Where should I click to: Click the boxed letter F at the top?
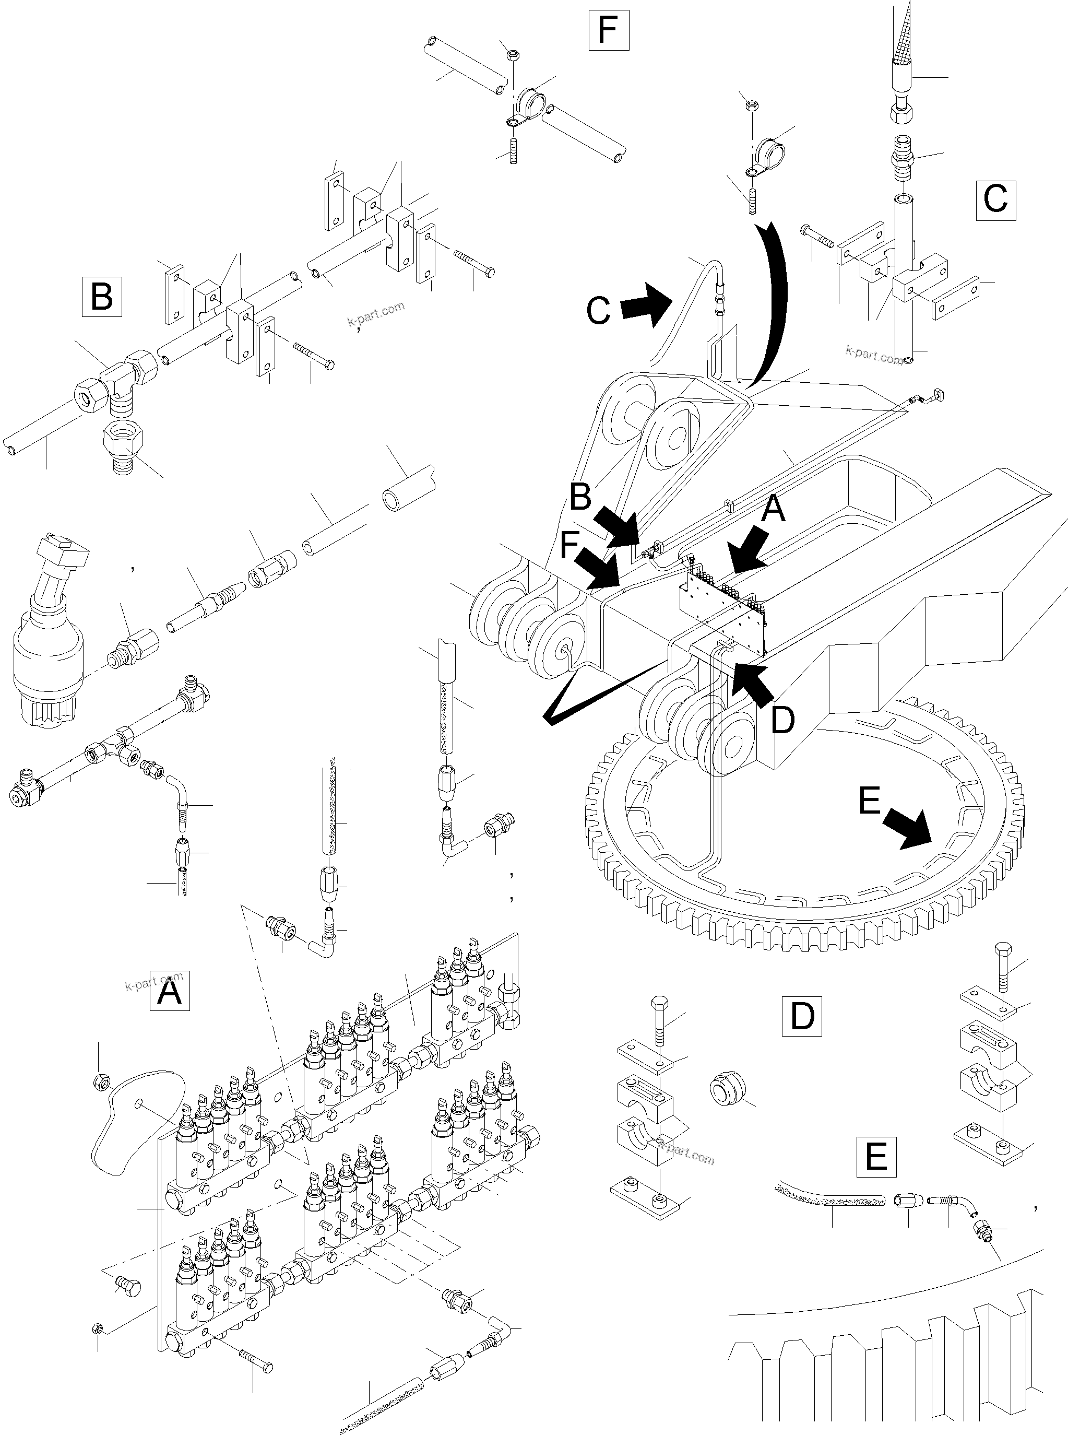[608, 30]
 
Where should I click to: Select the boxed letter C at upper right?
[995, 199]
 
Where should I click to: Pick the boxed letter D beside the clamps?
[802, 1016]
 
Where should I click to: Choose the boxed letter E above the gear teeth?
[876, 1156]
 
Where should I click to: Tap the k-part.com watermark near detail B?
[376, 314]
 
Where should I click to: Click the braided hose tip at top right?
[903, 32]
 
